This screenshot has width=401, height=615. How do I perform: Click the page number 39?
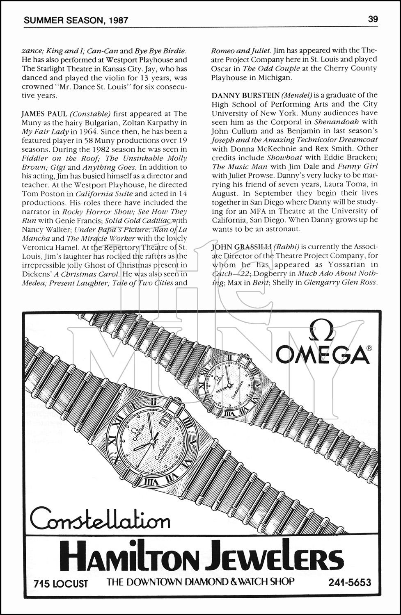(373, 19)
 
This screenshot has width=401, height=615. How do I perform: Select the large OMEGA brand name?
(323, 354)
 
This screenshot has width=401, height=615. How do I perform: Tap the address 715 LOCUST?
(61, 583)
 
